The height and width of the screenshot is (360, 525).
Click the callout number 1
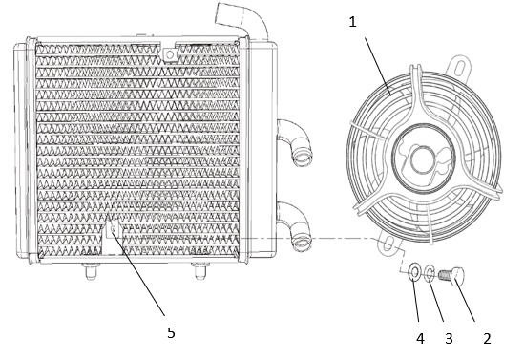352,22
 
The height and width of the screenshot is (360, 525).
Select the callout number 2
487,339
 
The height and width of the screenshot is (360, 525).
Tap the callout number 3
449,339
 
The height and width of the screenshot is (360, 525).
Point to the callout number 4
420,339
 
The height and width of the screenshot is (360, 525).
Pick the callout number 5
171,333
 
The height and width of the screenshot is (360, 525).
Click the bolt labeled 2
451,276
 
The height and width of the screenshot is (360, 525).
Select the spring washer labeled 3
430,273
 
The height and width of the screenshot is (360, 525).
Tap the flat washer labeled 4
415,272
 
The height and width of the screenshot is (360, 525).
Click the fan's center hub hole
423,159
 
